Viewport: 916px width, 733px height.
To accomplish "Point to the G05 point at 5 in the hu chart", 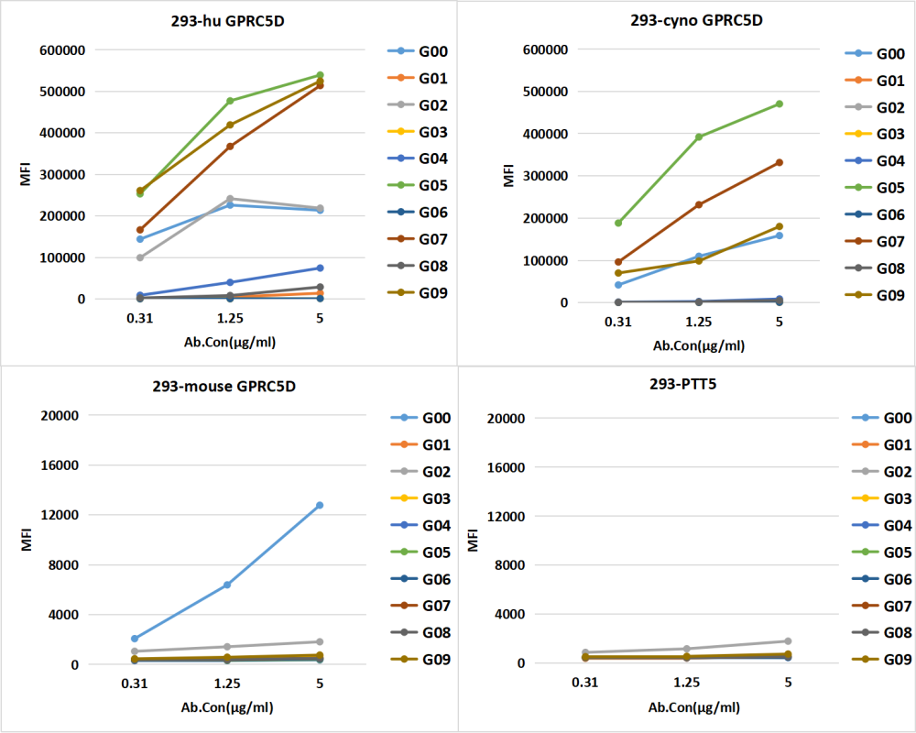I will tap(320, 75).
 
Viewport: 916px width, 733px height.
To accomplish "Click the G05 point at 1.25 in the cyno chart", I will tap(699, 137).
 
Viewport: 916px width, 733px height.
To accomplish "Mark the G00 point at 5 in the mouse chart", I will tap(320, 505).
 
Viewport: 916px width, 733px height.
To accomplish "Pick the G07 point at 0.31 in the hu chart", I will tap(140, 230).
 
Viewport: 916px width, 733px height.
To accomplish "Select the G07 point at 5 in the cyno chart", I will tap(780, 162).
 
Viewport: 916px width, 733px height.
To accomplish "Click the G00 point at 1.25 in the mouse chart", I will tap(227, 585).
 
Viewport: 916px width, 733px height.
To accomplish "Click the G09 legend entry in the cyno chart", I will tap(878, 295).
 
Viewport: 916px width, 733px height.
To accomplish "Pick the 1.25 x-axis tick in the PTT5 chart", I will tap(686, 683).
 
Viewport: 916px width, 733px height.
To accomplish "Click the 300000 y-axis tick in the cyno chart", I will tap(543, 176).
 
